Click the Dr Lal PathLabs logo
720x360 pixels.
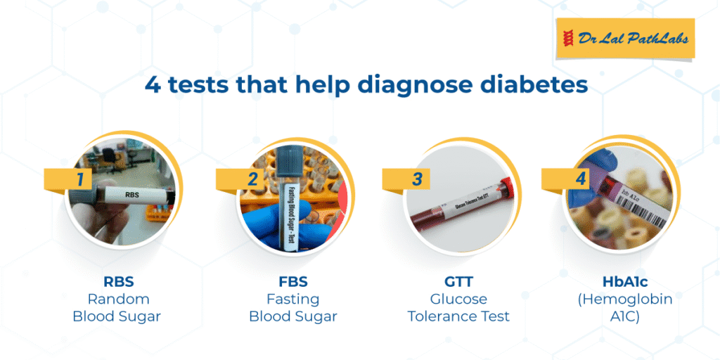tap(625, 39)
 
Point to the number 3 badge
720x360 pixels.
tap(406, 179)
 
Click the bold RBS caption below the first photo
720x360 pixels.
tap(117, 281)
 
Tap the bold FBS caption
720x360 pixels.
tap(293, 281)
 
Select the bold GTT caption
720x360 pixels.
tap(458, 281)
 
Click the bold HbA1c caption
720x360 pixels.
tap(624, 281)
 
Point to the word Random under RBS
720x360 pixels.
tap(118, 299)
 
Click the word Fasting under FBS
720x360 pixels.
tap(293, 300)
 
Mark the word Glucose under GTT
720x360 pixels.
tap(458, 299)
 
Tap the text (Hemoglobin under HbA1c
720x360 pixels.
tap(624, 300)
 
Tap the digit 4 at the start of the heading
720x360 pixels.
tap(153, 86)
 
